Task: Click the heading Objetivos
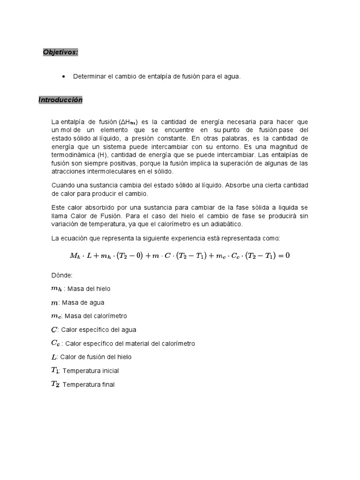click(x=60, y=52)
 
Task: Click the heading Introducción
click(x=60, y=100)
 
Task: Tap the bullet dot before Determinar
click(x=63, y=76)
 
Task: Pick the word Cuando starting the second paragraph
click(x=63, y=185)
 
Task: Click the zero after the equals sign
click(x=287, y=255)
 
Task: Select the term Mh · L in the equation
click(x=82, y=255)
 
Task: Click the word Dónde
click(x=62, y=276)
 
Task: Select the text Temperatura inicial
click(x=91, y=371)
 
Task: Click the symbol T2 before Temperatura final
click(x=55, y=384)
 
